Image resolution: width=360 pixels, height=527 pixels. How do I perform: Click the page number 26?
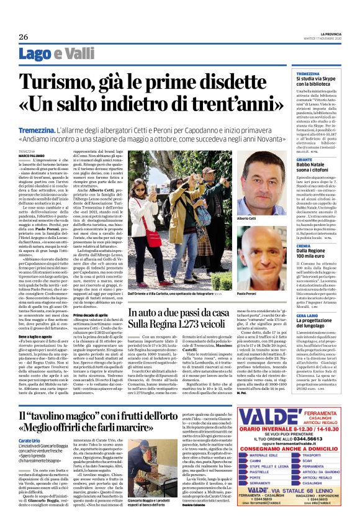[x=23, y=37]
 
